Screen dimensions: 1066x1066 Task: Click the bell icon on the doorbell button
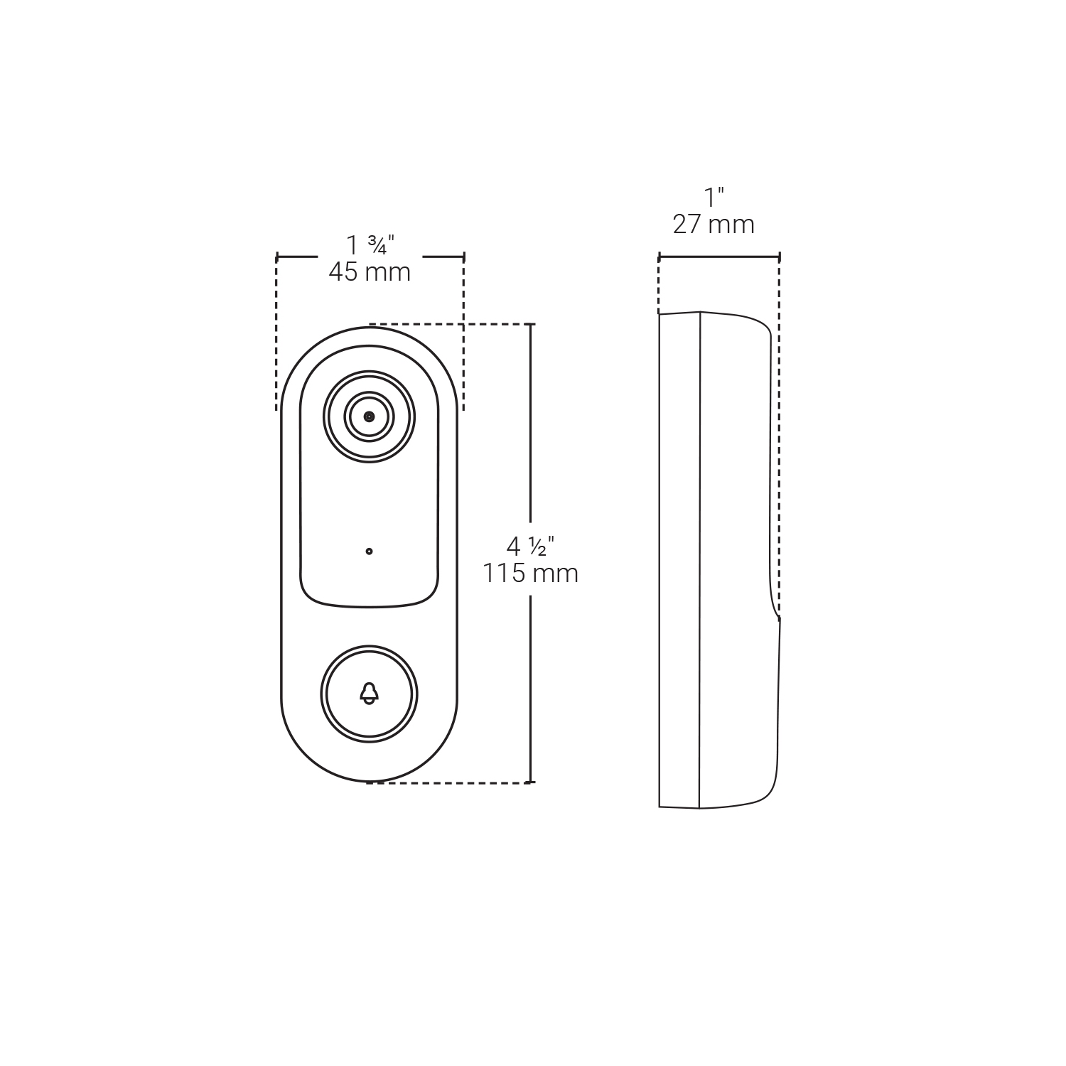pos(369,693)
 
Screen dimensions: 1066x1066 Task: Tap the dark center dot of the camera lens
pos(369,416)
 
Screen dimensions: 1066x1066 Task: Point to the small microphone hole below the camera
pos(369,551)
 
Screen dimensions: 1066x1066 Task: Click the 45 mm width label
pos(370,272)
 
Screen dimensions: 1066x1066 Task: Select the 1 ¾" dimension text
pos(370,246)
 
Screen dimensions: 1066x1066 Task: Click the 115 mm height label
pos(530,574)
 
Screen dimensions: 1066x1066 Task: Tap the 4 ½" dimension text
pos(530,547)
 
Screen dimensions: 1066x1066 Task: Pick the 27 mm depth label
pos(714,225)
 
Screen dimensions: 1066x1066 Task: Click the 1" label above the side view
pos(714,198)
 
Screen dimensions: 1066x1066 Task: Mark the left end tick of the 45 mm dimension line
pos(277,257)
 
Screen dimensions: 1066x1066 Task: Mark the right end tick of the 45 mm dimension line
pos(463,257)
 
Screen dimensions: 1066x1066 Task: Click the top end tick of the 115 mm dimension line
pos(531,325)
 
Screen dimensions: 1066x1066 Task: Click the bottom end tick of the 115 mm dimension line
pos(531,782)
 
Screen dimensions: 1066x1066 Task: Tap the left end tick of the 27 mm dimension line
pos(659,257)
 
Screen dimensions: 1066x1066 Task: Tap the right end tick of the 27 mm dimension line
pos(780,257)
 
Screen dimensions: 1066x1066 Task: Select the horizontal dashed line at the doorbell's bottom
pos(448,783)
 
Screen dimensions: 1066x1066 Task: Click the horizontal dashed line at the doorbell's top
pos(448,324)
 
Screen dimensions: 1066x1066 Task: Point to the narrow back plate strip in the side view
pos(679,561)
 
